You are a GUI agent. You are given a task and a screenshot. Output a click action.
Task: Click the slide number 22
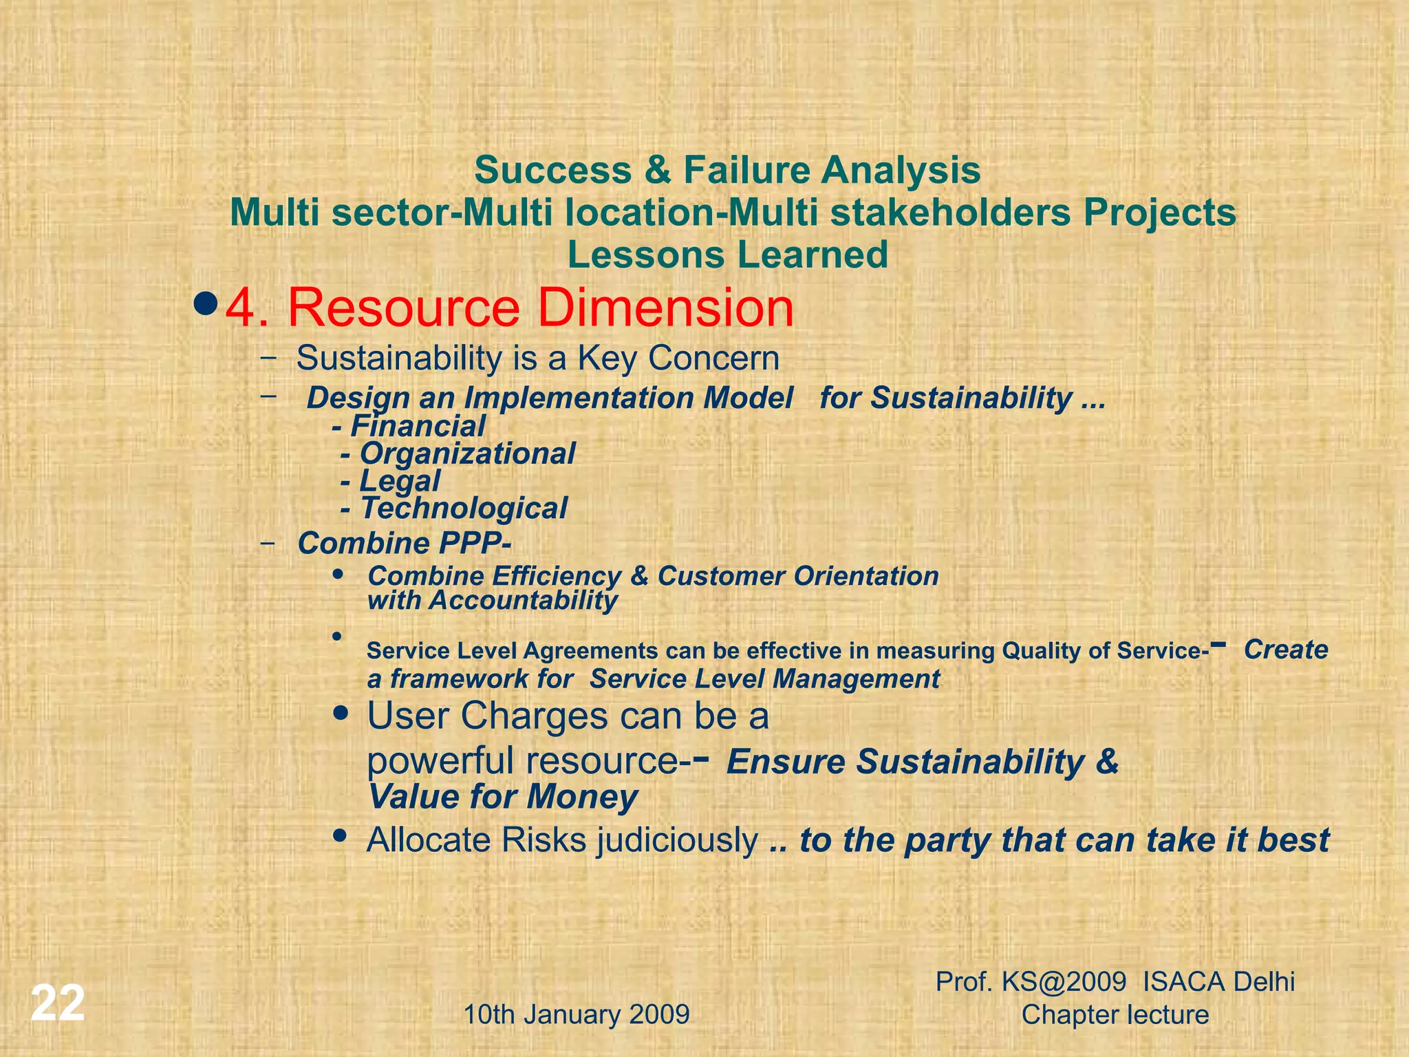point(58,1003)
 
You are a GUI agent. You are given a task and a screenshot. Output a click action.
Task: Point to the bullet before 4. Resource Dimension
point(206,302)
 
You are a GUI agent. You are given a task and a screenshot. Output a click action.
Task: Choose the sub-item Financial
point(418,427)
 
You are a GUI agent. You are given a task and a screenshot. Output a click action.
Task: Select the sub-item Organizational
point(467,454)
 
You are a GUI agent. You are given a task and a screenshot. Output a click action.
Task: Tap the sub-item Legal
point(400,482)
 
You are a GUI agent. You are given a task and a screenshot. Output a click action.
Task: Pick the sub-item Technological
point(464,509)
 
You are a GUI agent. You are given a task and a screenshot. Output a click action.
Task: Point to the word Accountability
point(524,601)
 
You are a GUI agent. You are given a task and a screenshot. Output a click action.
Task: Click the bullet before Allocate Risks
point(339,836)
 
